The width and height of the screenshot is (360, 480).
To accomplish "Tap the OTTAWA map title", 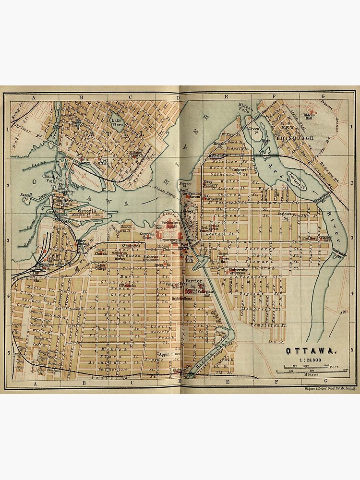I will point(305,350).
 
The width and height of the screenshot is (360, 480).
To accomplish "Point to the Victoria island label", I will point(86,211).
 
